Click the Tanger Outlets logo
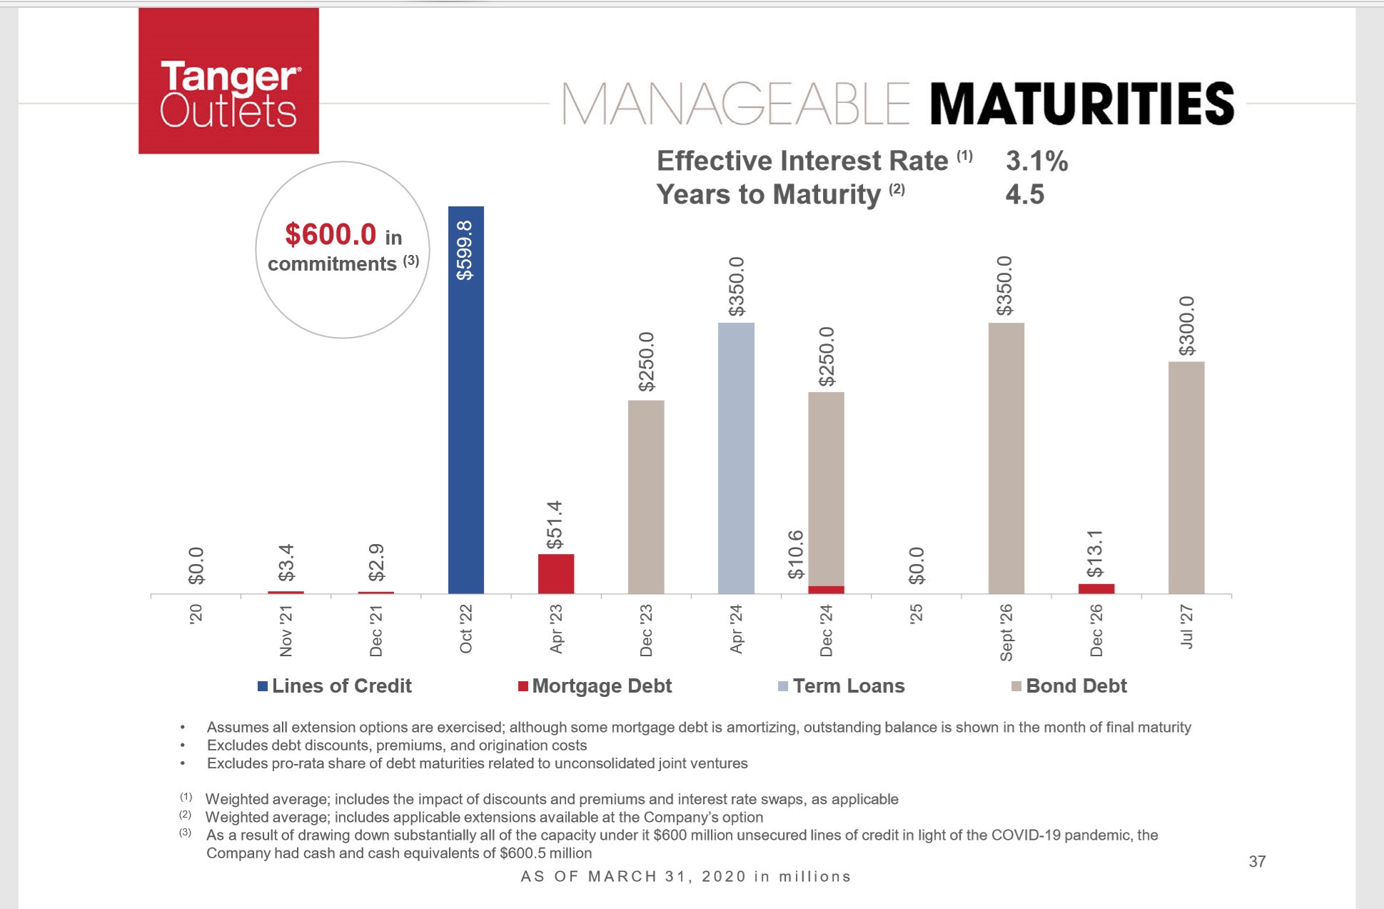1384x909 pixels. pos(228,81)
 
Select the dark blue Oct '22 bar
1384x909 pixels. pos(465,400)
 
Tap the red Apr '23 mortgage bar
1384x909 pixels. pos(555,573)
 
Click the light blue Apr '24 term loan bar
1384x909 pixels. pos(736,458)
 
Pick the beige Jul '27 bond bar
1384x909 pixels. pos(1186,477)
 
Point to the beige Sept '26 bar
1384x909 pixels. pos(1006,458)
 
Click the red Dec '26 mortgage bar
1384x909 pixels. pos(1096,588)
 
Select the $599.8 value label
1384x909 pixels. pos(465,250)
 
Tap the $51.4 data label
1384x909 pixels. pos(555,525)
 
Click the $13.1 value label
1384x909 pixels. pos(1095,553)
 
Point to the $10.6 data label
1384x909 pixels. pos(795,554)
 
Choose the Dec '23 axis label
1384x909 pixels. pos(646,631)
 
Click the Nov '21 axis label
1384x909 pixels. pos(286,631)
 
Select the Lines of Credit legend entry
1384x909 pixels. pos(335,685)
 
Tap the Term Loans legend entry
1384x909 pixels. pos(842,685)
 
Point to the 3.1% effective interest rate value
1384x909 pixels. pos(1036,161)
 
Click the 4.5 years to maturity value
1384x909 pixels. pos(1024,194)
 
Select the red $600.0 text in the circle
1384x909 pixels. pos(330,234)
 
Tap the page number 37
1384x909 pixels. pos(1257,861)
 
